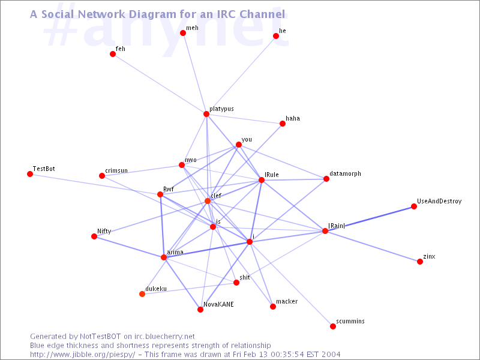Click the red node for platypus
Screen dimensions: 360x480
[x=206, y=114]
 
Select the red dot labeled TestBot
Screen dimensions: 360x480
[x=30, y=174]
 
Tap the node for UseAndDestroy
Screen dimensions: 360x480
[x=414, y=206]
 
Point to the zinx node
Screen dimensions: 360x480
[x=420, y=262]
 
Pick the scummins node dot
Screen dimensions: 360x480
[x=333, y=326]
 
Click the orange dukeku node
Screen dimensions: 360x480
[x=142, y=294]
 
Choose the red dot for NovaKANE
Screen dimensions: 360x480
[x=200, y=310]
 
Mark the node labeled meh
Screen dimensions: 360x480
[x=183, y=33]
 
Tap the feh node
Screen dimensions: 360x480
[x=113, y=54]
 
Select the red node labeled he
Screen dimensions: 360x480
[x=276, y=36]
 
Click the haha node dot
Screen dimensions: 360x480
[x=283, y=124]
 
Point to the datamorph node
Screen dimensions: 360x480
[x=326, y=179]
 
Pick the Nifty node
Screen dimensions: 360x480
[x=94, y=236]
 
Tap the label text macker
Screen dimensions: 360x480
[x=287, y=301]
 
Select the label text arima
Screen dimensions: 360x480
[x=175, y=253]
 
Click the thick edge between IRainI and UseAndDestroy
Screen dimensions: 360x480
[x=370, y=218]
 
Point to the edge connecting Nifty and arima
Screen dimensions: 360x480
[x=129, y=247]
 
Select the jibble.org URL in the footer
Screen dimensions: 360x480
[x=84, y=354]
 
